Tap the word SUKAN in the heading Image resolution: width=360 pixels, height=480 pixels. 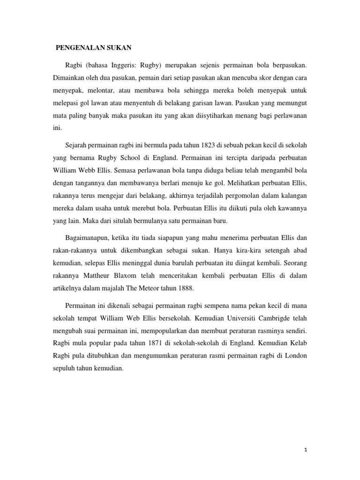[119, 47]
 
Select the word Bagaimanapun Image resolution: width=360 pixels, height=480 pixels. [92, 238]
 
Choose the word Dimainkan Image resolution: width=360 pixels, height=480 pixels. [71, 76]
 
